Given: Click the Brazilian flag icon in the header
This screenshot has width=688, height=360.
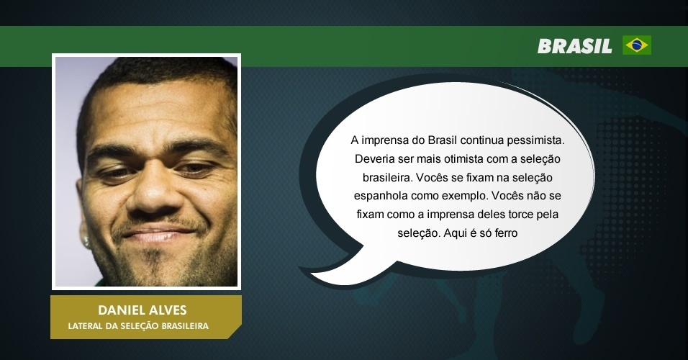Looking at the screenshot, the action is click(637, 45).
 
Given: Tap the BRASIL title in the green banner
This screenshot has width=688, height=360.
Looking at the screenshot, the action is click(575, 46).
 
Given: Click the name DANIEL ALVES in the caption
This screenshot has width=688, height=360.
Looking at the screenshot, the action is click(142, 310).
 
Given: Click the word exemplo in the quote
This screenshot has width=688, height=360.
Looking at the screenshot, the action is click(465, 196).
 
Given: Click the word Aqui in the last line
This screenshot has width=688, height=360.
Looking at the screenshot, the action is click(455, 233).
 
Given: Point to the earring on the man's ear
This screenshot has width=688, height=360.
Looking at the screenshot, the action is click(86, 241).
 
